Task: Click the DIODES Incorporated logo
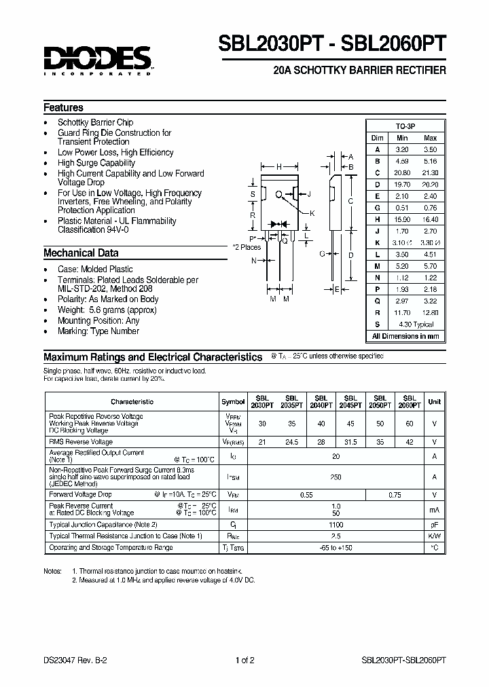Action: click(98, 60)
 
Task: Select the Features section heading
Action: click(63, 107)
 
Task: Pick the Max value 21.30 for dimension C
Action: click(429, 172)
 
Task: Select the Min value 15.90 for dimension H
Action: click(401, 219)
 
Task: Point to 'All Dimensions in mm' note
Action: click(405, 336)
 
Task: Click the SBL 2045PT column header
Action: click(350, 401)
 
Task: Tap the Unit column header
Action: click(434, 401)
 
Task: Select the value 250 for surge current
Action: click(336, 477)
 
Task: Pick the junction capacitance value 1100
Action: click(336, 525)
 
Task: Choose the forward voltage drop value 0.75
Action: click(395, 495)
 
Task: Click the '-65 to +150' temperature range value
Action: click(336, 547)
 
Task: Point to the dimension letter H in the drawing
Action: click(278, 166)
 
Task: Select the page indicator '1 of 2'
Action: click(244, 659)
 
